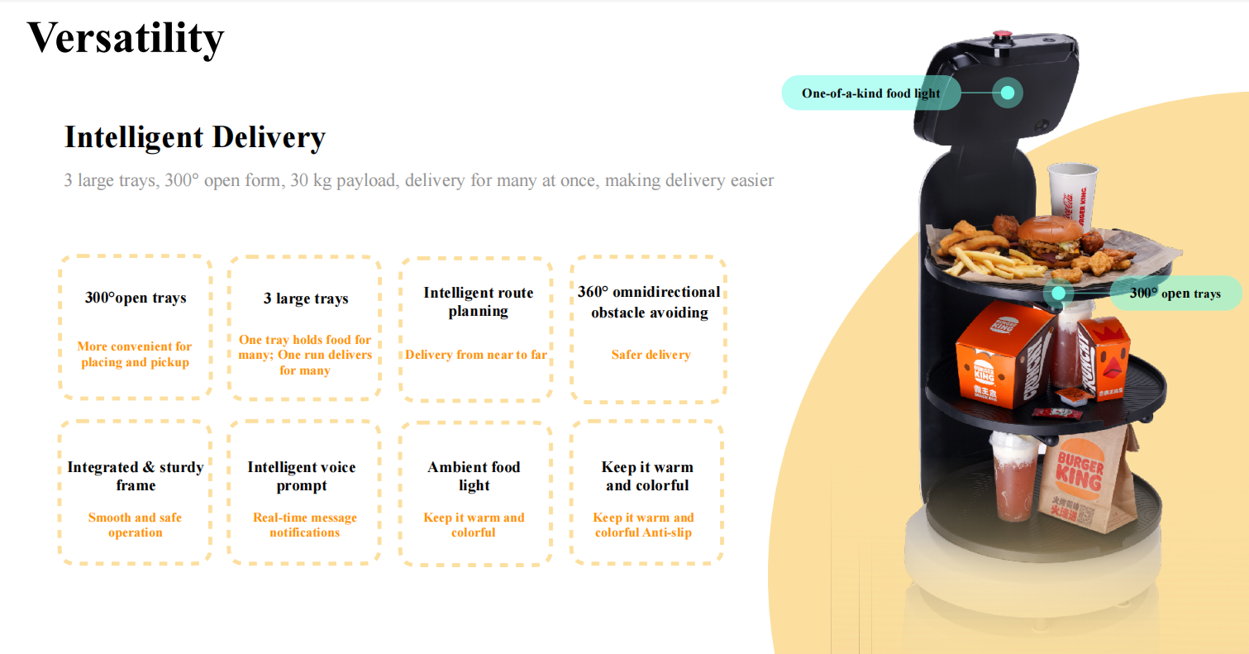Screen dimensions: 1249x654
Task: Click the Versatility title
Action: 126,37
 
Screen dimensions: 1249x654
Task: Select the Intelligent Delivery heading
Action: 195,137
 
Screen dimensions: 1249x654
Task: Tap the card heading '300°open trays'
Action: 136,298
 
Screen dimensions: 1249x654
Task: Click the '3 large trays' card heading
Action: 306,298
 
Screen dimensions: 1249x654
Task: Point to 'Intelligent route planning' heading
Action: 478,302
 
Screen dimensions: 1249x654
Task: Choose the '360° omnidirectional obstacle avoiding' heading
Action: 649,302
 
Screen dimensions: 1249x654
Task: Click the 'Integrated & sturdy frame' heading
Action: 136,476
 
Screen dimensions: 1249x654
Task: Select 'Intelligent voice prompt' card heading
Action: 302,476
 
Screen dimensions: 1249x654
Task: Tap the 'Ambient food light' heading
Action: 474,476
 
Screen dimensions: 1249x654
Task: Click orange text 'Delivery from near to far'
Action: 476,355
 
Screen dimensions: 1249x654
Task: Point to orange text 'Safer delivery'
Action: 651,355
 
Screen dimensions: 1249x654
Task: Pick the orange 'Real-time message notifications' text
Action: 305,525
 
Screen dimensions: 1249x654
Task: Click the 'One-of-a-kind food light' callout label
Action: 870,93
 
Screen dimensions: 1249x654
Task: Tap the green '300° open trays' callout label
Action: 1175,294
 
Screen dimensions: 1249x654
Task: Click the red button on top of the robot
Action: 1001,36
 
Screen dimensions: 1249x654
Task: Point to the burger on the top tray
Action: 1048,238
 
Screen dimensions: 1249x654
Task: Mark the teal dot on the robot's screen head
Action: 1008,93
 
